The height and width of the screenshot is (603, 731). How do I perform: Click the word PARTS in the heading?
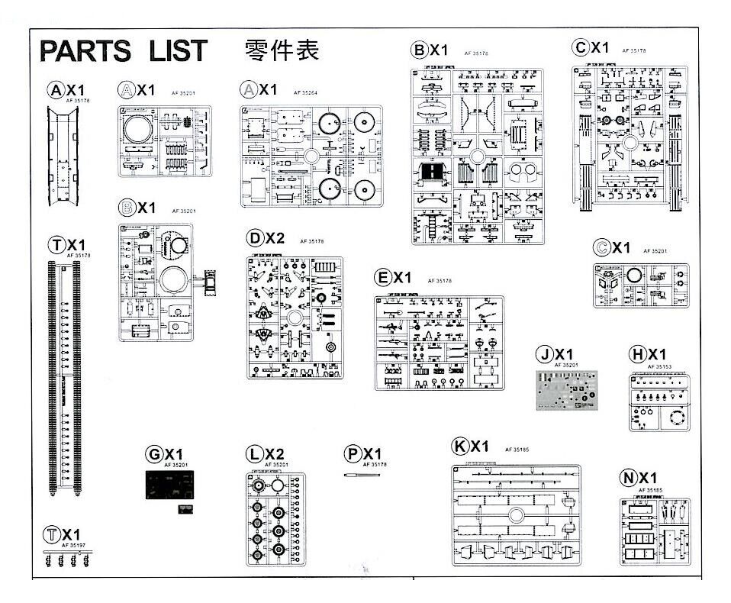(x=84, y=51)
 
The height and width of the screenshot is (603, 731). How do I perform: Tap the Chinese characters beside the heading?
(x=281, y=50)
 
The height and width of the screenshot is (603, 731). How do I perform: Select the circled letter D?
(x=256, y=239)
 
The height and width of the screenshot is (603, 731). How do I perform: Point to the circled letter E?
(x=383, y=277)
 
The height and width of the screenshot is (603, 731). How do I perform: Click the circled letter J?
(x=544, y=354)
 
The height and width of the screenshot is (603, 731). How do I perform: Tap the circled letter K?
(x=459, y=447)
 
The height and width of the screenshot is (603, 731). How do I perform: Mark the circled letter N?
(x=628, y=479)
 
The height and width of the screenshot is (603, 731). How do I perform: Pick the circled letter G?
(x=154, y=455)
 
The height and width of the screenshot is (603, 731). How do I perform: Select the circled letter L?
(x=254, y=455)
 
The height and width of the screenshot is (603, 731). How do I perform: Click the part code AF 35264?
(x=305, y=92)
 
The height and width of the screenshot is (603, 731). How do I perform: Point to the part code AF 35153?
(x=659, y=366)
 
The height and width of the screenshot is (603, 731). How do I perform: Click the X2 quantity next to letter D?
(x=275, y=239)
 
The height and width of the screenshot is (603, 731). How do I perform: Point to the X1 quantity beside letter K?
(x=479, y=447)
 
